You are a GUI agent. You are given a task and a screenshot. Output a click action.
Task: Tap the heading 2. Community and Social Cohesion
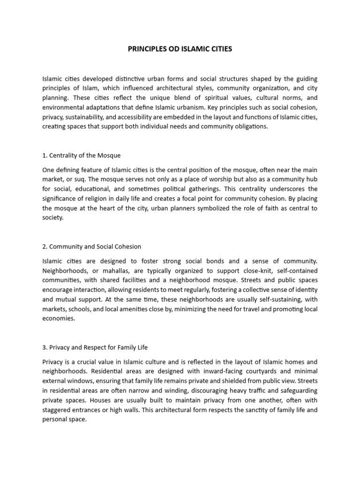(x=91, y=246)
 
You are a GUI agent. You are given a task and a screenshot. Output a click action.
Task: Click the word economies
(x=58, y=318)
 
